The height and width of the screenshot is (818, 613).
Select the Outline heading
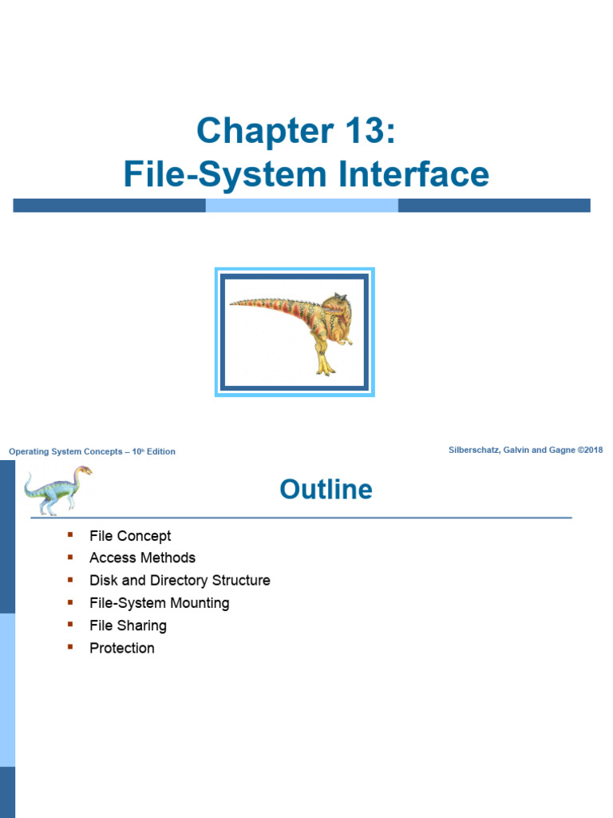tap(326, 489)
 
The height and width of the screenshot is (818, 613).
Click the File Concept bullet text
tap(130, 536)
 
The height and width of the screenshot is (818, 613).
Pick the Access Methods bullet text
tap(142, 558)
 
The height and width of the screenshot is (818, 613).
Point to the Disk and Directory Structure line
tap(180, 580)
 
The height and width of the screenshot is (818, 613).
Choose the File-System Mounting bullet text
tap(159, 603)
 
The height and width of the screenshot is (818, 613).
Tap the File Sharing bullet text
tap(128, 625)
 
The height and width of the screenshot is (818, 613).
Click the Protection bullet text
tap(122, 648)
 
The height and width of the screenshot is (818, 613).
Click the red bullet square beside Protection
tap(70, 646)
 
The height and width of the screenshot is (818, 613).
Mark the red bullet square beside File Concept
tap(70, 534)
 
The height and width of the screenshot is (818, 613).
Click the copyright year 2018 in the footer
tap(592, 450)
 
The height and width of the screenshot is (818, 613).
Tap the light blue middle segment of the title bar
tap(302, 205)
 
